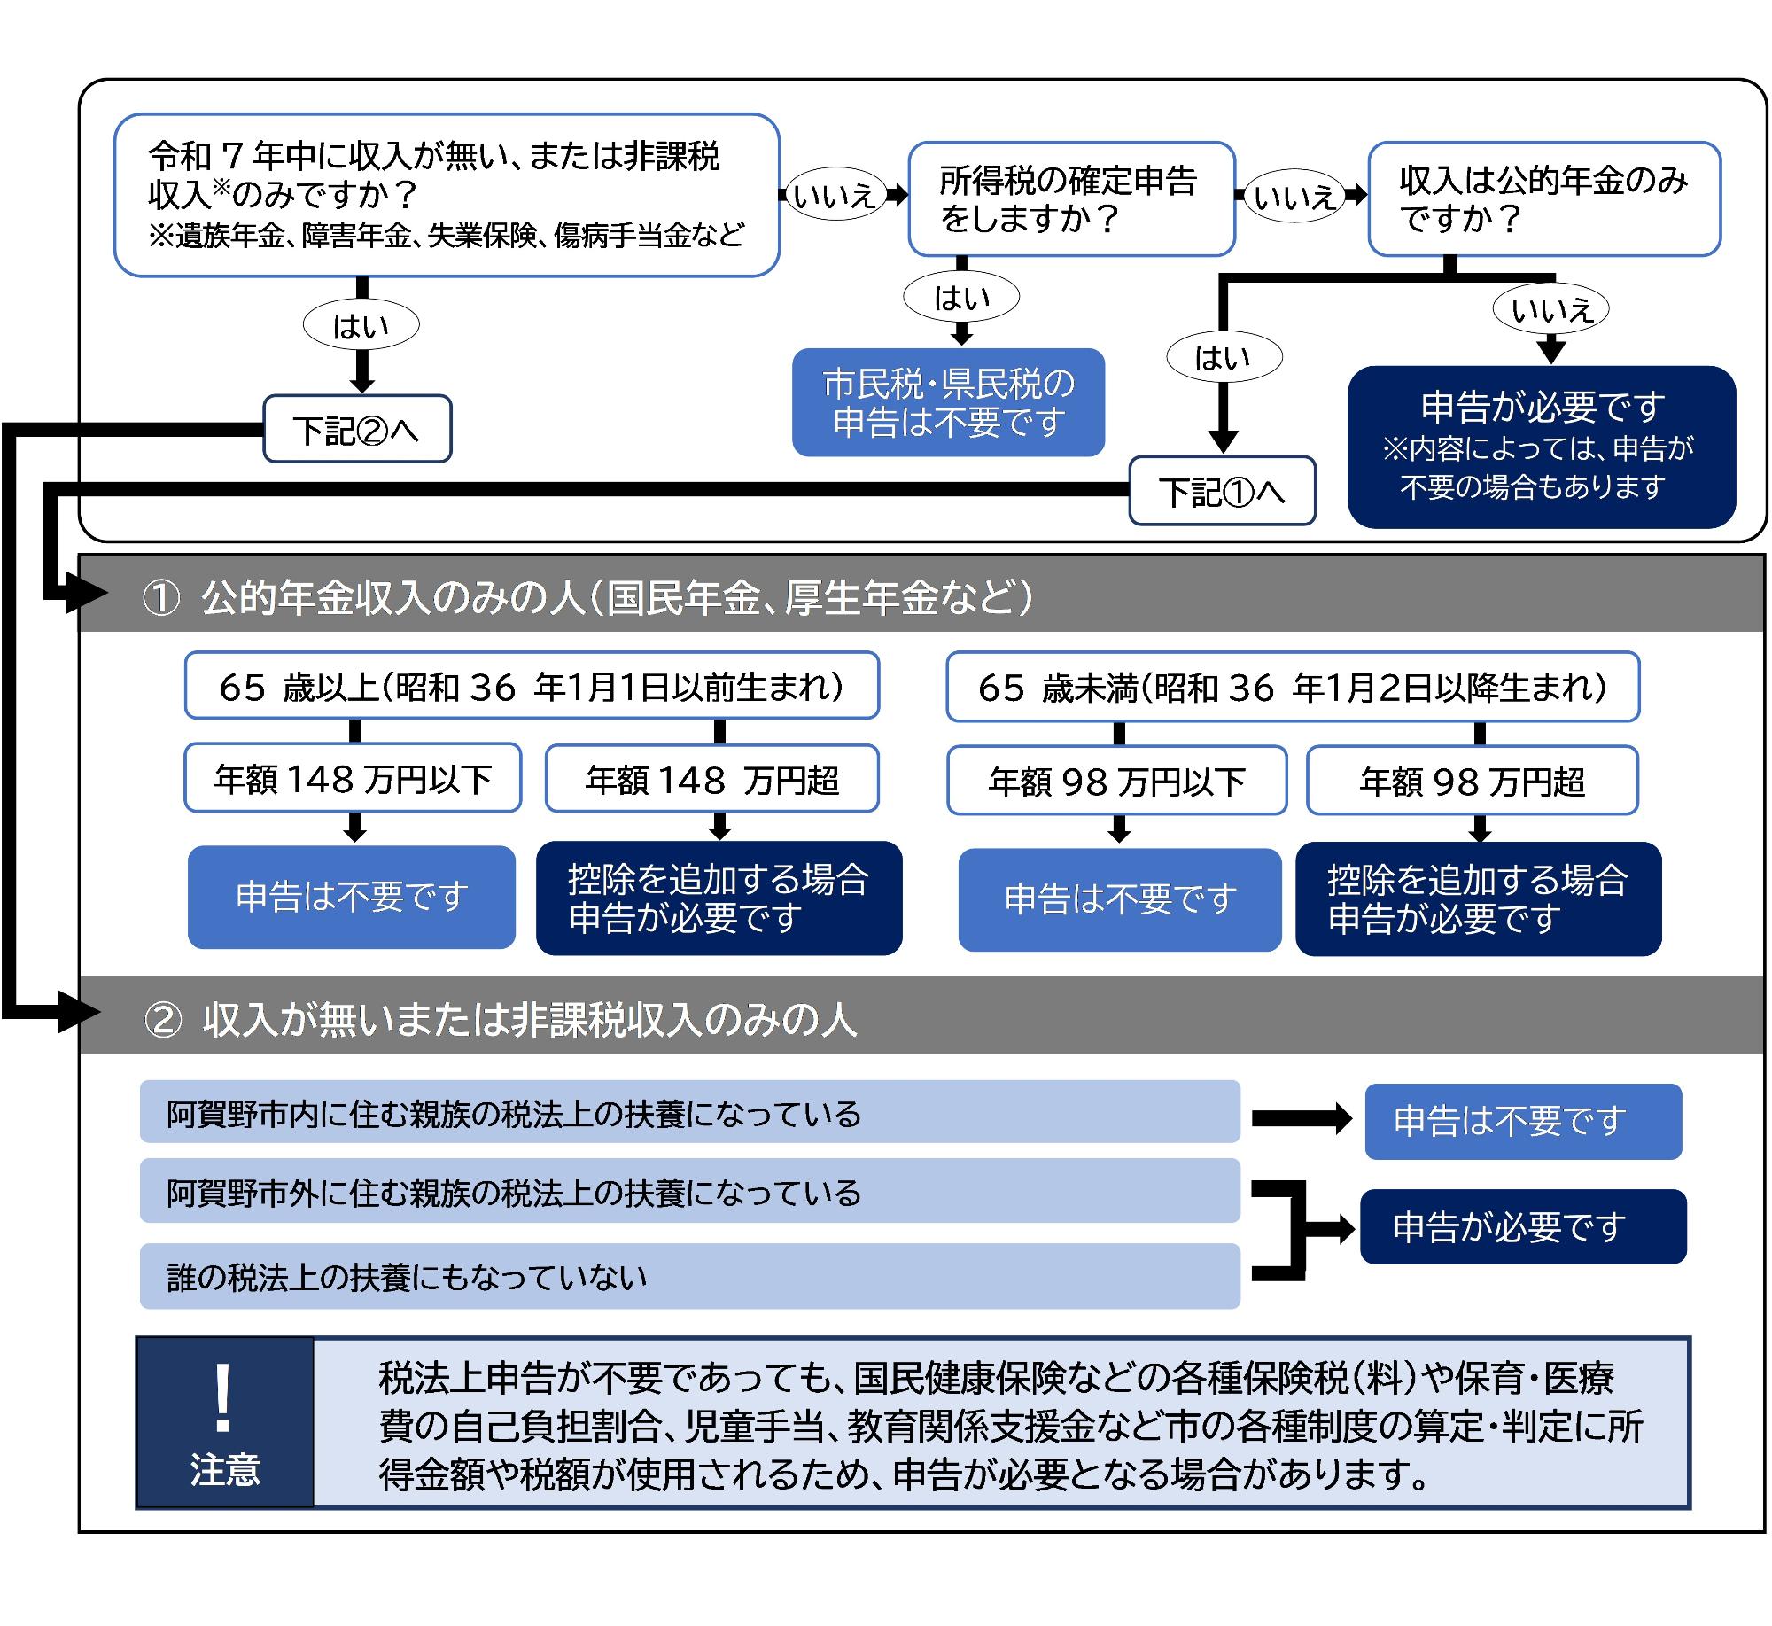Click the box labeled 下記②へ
[357, 430]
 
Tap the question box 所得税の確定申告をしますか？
[1071, 199]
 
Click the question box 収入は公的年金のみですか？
[1543, 199]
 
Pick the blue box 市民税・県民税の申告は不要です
[948, 403]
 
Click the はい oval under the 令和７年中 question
[361, 326]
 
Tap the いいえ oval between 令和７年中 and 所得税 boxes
[834, 195]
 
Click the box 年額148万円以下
[353, 779]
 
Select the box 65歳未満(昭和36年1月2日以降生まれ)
[1293, 688]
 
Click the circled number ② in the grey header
[163, 1020]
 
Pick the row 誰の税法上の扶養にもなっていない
[689, 1277]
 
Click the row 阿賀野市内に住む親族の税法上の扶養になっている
[689, 1113]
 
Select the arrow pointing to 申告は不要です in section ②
[1301, 1119]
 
